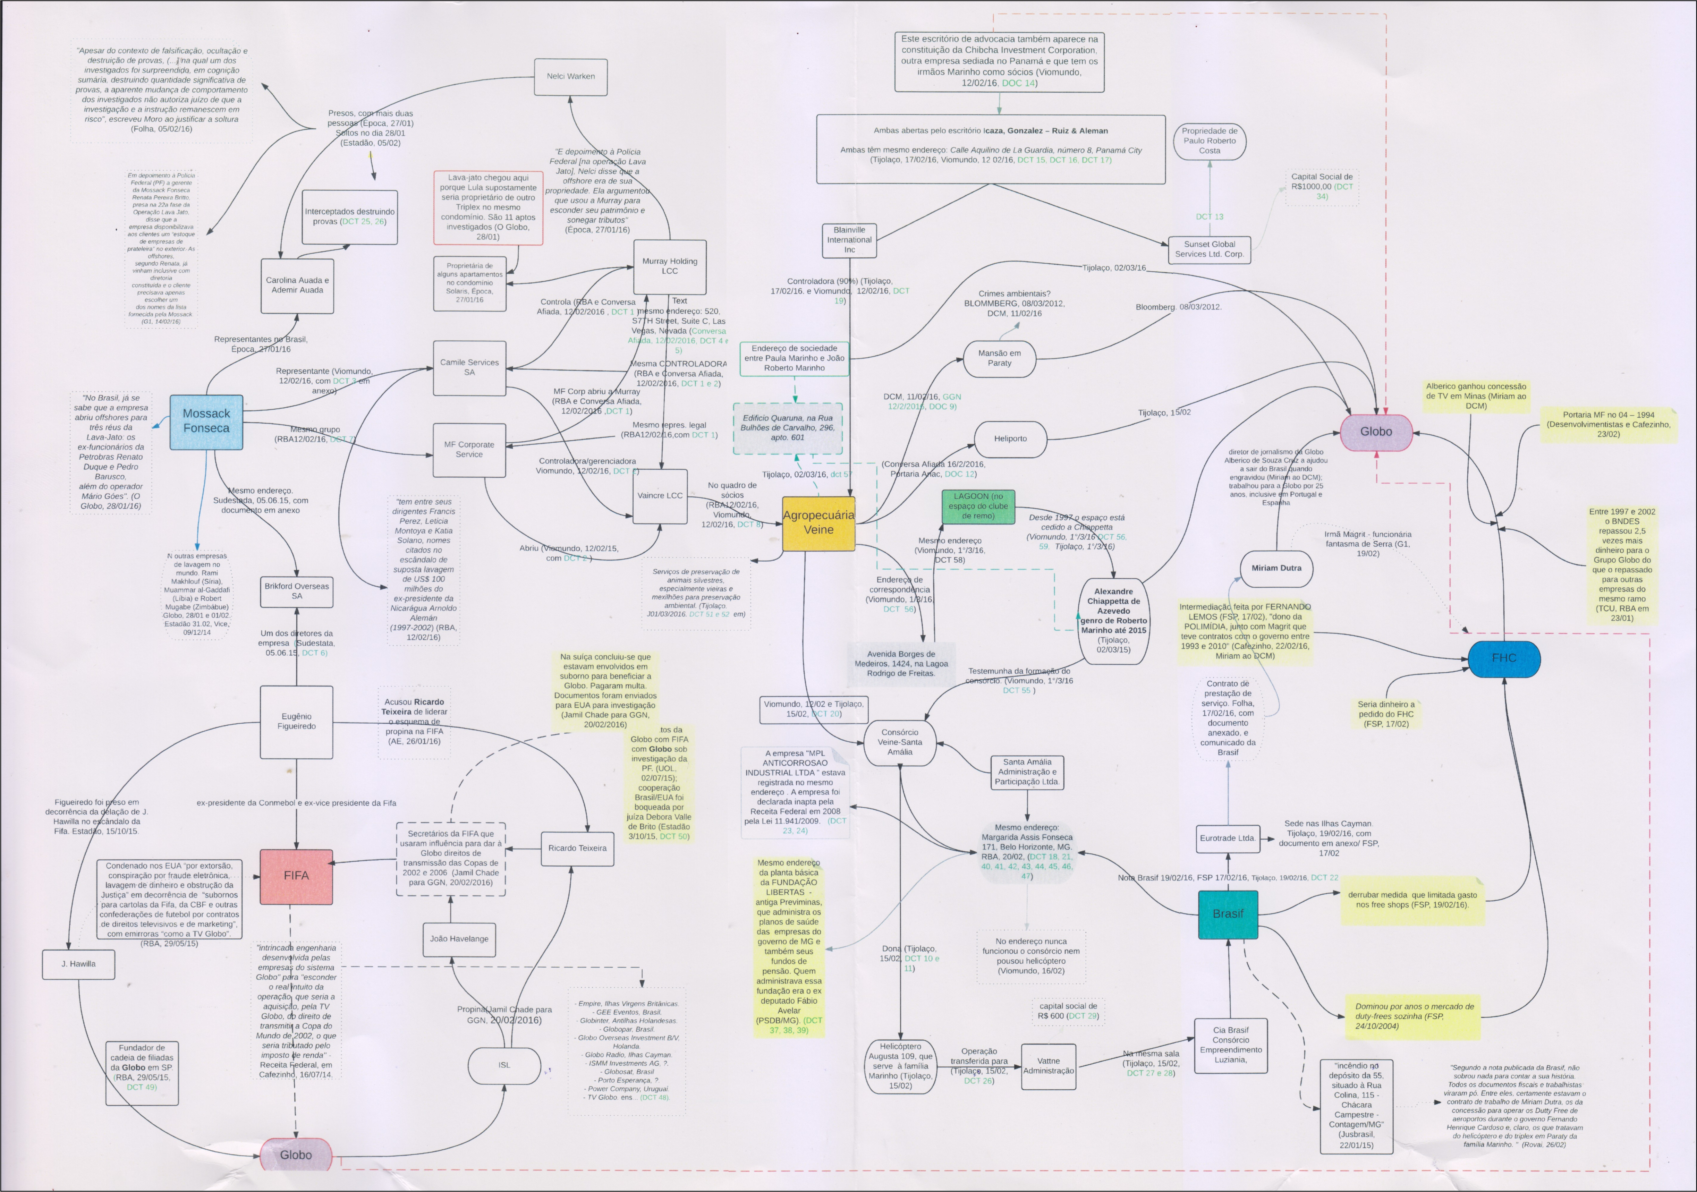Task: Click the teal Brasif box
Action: tap(1228, 914)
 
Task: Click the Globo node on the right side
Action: tap(1376, 432)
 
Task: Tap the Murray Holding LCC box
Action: tap(670, 266)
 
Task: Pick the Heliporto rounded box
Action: tap(1010, 439)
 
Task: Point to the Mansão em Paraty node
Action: tap(999, 358)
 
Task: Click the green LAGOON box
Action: tap(978, 506)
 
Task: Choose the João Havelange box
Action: tap(459, 939)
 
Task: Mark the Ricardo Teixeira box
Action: tap(577, 848)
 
